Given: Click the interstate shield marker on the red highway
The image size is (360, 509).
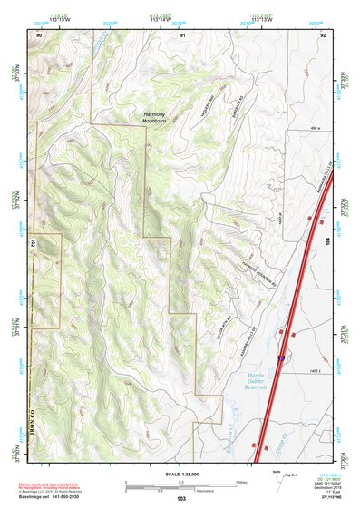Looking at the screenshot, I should pyautogui.click(x=281, y=357).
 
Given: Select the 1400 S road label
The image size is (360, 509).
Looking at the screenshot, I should pyautogui.click(x=315, y=374).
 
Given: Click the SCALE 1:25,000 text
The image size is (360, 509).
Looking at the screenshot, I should pyautogui.click(x=180, y=474).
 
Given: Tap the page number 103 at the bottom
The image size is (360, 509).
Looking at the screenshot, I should pyautogui.click(x=181, y=499).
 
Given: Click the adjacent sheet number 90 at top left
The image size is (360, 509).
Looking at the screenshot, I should pyautogui.click(x=39, y=34).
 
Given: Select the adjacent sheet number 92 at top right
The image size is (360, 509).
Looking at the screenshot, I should pyautogui.click(x=323, y=34).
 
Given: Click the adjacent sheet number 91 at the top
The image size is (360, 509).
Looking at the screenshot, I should pyautogui.click(x=181, y=34).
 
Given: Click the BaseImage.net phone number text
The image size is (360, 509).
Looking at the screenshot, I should pyautogui.click(x=54, y=496).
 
